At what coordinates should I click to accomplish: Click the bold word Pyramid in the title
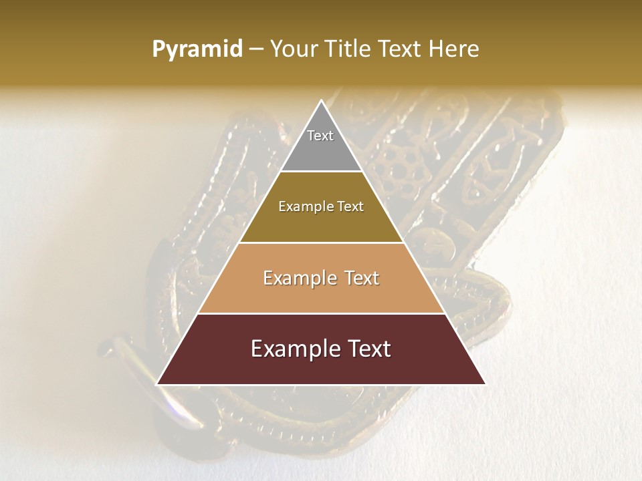coord(197,49)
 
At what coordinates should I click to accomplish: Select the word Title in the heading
coord(349,49)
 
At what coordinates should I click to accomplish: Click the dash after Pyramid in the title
coord(256,49)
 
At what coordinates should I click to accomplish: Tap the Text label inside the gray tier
coord(320,136)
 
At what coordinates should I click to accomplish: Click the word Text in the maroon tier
coord(367,349)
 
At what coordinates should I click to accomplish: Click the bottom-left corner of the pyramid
coord(157,384)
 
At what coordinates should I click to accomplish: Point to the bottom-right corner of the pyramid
coord(485,384)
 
